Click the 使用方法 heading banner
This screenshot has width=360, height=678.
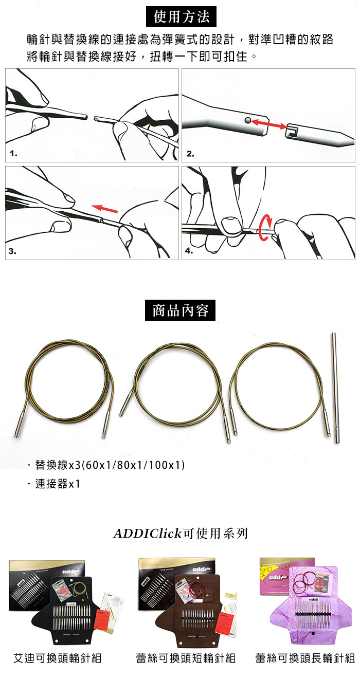(x=181, y=16)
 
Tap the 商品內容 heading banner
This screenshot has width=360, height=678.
(x=180, y=310)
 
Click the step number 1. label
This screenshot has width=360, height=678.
(x=13, y=154)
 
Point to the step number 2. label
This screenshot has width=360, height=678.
(x=190, y=154)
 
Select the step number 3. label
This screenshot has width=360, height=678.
(x=12, y=251)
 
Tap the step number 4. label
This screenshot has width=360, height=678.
(x=189, y=251)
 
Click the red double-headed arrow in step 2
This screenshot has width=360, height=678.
(x=268, y=124)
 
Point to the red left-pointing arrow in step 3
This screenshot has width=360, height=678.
(x=104, y=209)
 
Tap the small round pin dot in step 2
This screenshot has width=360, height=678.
(x=248, y=120)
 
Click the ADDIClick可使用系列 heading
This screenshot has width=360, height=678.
(x=180, y=534)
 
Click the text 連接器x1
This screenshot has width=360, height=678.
(x=58, y=484)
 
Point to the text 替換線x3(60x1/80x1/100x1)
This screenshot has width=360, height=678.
(x=110, y=465)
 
